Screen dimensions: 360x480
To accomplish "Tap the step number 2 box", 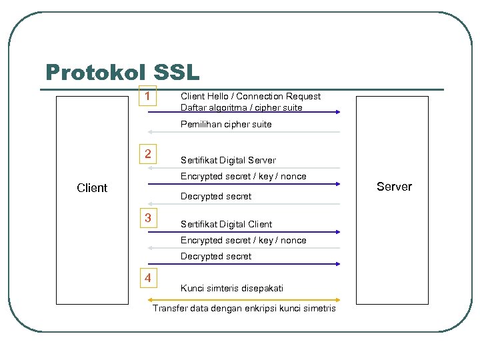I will pos(147,155).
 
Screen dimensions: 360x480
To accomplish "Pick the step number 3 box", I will pos(147,218).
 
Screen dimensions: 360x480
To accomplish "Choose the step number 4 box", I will pos(147,278).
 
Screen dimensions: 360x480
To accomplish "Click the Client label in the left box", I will pos(92,188).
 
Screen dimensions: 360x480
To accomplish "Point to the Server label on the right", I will pos(394,187).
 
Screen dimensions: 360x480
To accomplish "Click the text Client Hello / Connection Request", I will pos(250,96).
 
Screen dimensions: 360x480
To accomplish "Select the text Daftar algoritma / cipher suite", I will pos(241,107).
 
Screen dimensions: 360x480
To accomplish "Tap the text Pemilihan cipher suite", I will pos(226,124).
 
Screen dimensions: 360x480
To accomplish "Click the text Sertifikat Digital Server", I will pos(228,160).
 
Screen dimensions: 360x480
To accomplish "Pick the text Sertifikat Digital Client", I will pos(226,224).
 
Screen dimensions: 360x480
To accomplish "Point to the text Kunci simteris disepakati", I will pos(232,288).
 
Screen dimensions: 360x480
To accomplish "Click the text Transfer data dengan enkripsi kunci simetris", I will pos(244,308).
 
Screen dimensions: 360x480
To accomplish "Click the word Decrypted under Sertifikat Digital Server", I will pos(198,196).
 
